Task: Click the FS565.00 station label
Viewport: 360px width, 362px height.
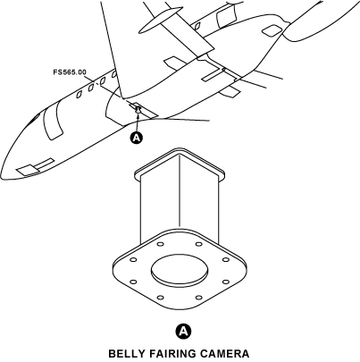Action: (x=70, y=72)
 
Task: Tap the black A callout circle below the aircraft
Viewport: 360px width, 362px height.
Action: (x=137, y=138)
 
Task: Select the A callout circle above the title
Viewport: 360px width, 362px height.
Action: (x=183, y=332)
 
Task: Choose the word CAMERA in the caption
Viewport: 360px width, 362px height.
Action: (x=224, y=354)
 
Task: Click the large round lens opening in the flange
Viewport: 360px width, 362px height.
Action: (x=180, y=271)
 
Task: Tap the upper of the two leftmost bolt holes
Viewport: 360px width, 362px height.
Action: (x=133, y=259)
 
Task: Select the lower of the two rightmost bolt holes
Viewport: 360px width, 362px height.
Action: (x=226, y=282)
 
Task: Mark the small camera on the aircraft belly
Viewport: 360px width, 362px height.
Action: (x=138, y=110)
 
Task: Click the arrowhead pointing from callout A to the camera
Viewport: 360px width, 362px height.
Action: (x=138, y=115)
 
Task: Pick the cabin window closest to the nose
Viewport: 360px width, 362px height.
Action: (x=79, y=95)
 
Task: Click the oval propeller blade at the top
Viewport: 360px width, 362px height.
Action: (x=160, y=19)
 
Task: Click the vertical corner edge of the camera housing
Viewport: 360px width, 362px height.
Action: (x=180, y=190)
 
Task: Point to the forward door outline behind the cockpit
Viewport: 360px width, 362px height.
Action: (x=53, y=119)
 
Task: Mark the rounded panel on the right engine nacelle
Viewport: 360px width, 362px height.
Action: (x=272, y=29)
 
